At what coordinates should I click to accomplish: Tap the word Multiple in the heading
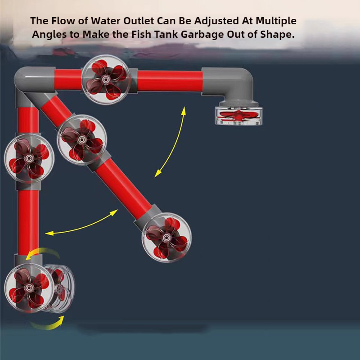(x=276, y=21)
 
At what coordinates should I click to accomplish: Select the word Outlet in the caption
(x=139, y=21)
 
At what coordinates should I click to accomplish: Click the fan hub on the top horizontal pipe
(x=106, y=80)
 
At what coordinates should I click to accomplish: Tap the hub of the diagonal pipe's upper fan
(x=81, y=139)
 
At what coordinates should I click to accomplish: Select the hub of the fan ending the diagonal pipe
(x=167, y=238)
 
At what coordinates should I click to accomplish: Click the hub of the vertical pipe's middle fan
(x=29, y=158)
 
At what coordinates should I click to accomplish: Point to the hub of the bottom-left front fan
(x=29, y=288)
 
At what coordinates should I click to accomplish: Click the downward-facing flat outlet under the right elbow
(x=238, y=116)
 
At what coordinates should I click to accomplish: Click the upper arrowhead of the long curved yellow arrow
(x=184, y=111)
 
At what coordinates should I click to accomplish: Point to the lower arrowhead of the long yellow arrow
(x=158, y=173)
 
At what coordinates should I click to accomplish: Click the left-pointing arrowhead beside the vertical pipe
(x=49, y=234)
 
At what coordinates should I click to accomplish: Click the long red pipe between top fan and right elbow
(x=170, y=81)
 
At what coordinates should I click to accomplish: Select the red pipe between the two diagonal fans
(x=123, y=189)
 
